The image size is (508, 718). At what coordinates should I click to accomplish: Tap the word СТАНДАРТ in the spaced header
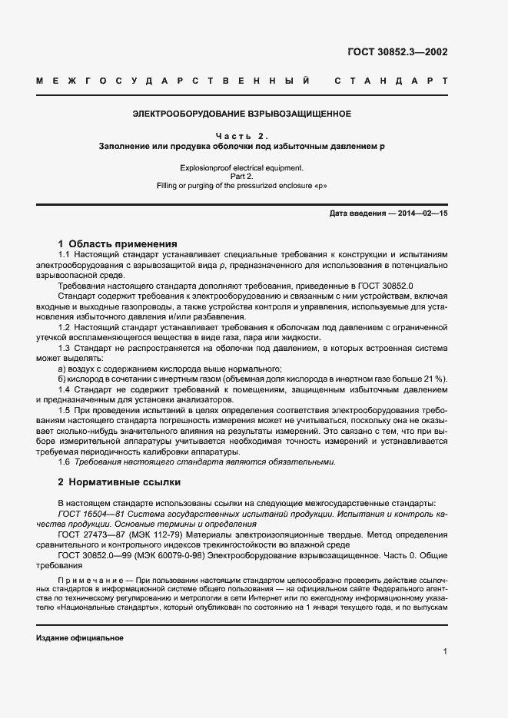click(391, 81)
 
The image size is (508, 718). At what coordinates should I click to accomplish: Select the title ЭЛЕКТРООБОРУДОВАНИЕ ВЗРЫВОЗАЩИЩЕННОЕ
click(242, 114)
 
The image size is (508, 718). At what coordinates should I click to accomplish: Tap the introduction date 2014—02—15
click(422, 213)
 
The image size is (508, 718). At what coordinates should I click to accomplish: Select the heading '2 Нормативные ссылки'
click(119, 483)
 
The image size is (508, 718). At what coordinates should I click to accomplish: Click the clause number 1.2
click(65, 328)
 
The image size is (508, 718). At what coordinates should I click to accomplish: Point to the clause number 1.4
click(65, 390)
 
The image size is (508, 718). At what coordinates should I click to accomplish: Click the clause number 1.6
click(65, 462)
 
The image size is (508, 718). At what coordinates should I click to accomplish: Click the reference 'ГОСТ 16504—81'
click(88, 513)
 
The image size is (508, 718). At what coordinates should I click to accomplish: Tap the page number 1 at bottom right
click(445, 652)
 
